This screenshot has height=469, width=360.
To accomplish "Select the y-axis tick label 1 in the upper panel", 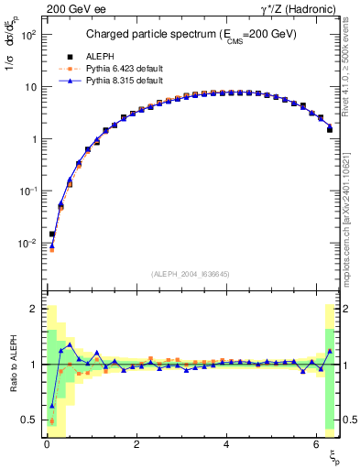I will pos(33,139).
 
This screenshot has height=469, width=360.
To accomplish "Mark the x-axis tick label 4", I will pos(226,444).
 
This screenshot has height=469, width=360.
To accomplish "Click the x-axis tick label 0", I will pos(46,444).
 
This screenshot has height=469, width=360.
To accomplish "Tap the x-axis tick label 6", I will pos(316,444).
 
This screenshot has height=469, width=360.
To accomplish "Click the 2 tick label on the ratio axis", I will pos(33,309).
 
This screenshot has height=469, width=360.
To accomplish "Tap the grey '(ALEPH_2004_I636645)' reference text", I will pos(190,274).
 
